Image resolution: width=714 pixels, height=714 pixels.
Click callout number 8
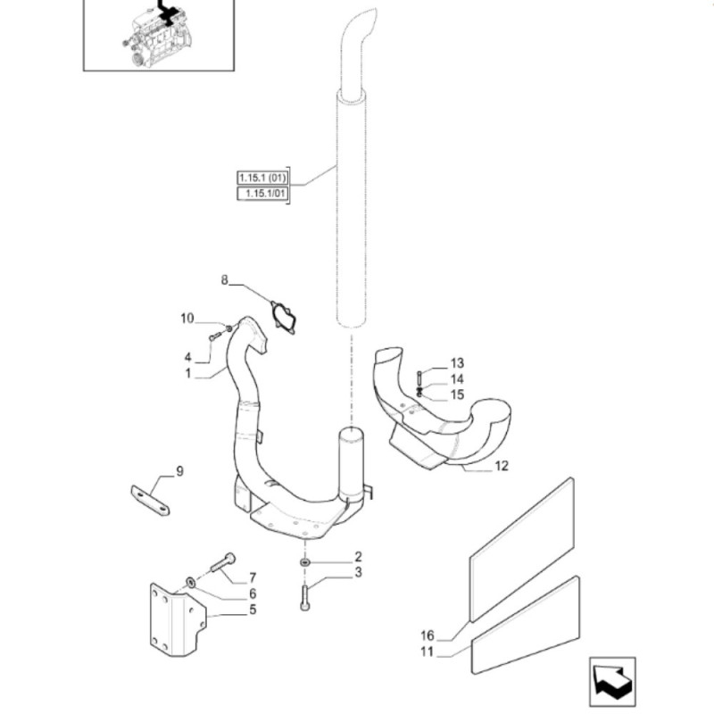tap(225, 281)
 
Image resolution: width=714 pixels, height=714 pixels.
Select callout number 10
tap(187, 318)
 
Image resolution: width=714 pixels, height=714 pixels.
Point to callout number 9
tap(179, 471)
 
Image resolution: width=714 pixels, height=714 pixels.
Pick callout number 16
tap(427, 635)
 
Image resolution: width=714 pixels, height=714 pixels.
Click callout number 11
tap(427, 652)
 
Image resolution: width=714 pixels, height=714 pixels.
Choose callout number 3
tap(358, 572)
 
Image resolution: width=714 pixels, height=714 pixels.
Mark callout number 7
tap(253, 577)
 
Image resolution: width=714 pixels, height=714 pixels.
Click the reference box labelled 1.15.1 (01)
tap(262, 177)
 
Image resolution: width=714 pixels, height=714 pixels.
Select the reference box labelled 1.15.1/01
tap(262, 193)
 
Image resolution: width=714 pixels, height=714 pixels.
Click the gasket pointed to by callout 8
tap(284, 319)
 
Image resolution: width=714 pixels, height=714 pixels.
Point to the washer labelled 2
tap(304, 562)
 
